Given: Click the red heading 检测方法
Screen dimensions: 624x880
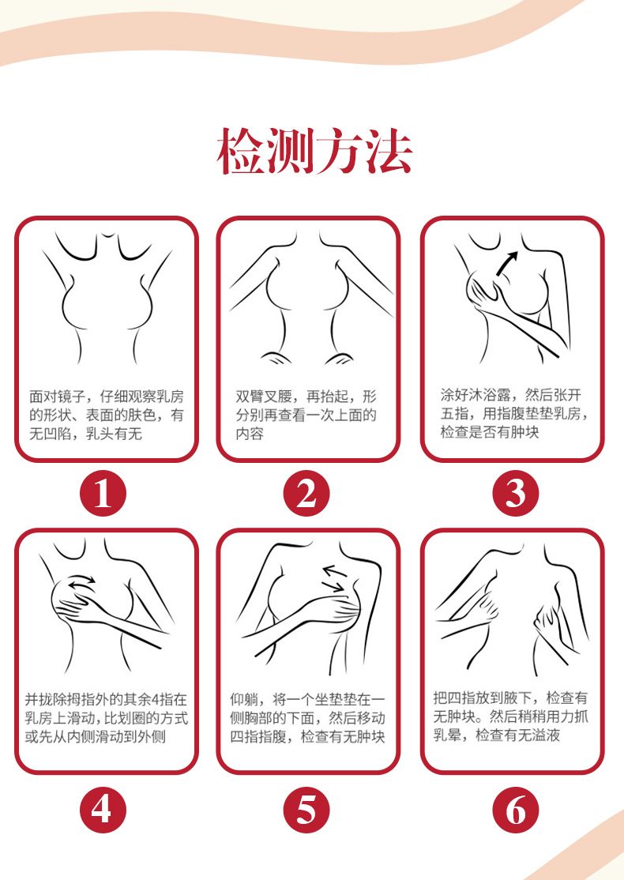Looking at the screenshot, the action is click(x=314, y=150).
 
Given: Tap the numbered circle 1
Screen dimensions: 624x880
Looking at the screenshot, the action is click(x=103, y=494).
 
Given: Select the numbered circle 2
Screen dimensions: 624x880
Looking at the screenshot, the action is click(x=306, y=494).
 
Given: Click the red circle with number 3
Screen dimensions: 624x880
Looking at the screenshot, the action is click(x=515, y=494).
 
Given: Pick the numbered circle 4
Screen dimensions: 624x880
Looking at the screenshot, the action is click(x=103, y=810).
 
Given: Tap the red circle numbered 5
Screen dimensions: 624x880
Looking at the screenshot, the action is click(x=306, y=810).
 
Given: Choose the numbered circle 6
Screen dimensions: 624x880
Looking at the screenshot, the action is click(x=515, y=810).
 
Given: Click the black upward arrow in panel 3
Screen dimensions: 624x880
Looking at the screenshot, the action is click(x=507, y=263).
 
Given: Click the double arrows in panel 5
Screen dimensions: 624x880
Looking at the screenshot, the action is click(x=335, y=578).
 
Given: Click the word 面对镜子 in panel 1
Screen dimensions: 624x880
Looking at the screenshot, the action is click(x=57, y=397).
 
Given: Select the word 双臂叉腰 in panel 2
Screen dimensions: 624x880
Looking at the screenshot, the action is click(x=264, y=397).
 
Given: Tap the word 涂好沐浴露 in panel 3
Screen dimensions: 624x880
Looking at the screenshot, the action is click(x=476, y=395).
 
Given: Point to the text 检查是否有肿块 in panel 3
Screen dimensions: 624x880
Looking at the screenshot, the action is click(x=489, y=432).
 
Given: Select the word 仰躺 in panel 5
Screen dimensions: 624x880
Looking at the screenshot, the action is click(x=244, y=699).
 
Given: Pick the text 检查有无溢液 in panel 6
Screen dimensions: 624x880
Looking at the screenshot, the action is click(x=518, y=735).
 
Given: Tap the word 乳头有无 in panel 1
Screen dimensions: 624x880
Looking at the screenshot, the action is click(x=114, y=434).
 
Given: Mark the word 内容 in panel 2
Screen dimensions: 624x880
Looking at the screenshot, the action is click(x=250, y=434).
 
